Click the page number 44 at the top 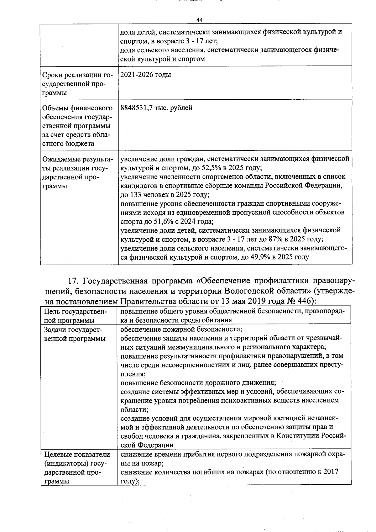click(x=200, y=20)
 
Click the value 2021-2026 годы click(x=146, y=75)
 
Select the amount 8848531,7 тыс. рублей click(x=156, y=108)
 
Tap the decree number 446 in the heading click(x=305, y=301)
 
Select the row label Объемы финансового click(x=77, y=108)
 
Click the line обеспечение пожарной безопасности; click(x=181, y=329)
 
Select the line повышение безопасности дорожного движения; click(x=198, y=383)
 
